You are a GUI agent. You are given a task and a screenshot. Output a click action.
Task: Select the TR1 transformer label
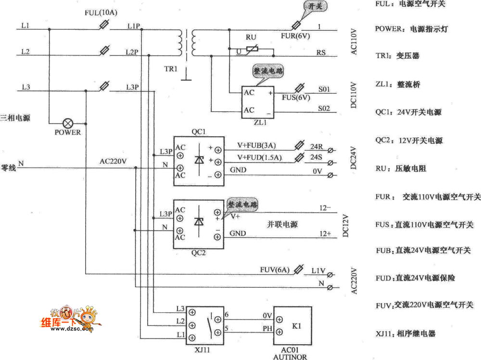[x=170, y=69]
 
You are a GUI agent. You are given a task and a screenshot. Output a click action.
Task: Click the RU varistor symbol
[x=252, y=48]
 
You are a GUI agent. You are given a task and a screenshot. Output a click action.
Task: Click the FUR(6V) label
[x=294, y=36]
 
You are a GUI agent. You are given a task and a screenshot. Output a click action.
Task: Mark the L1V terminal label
[x=318, y=271]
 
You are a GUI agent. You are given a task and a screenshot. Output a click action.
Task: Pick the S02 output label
[x=324, y=109]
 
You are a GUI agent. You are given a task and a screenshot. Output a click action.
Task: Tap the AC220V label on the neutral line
[x=113, y=161]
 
